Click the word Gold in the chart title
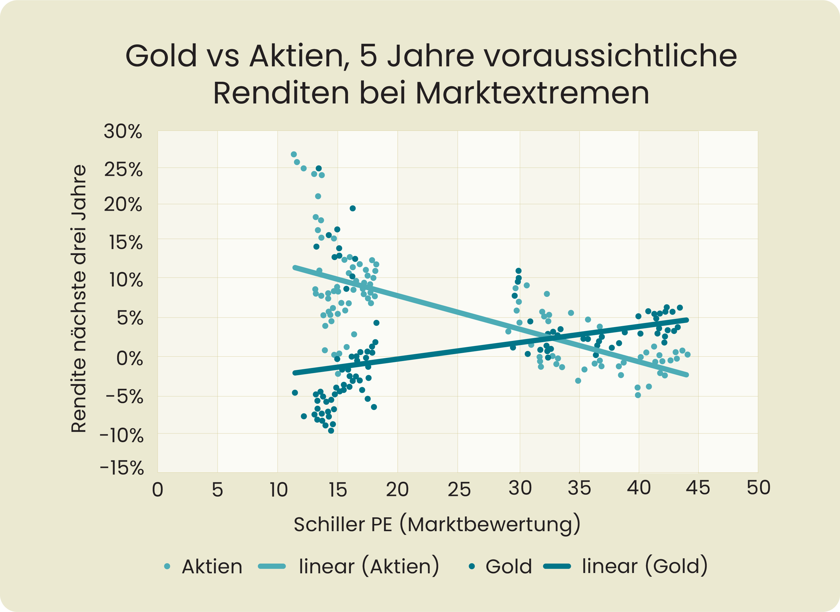[161, 56]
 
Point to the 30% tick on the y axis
[123, 131]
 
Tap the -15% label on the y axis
[122, 468]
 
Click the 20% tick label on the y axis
[123, 204]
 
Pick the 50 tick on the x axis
[758, 487]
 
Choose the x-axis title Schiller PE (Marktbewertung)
[437, 524]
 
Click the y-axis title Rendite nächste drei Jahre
[79, 298]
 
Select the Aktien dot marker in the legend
[167, 566]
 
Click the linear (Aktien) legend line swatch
[271, 566]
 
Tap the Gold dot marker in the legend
[472, 566]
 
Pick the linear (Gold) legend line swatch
[557, 566]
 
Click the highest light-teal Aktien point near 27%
[294, 154]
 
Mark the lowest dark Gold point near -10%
[331, 431]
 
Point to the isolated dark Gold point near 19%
[353, 209]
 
